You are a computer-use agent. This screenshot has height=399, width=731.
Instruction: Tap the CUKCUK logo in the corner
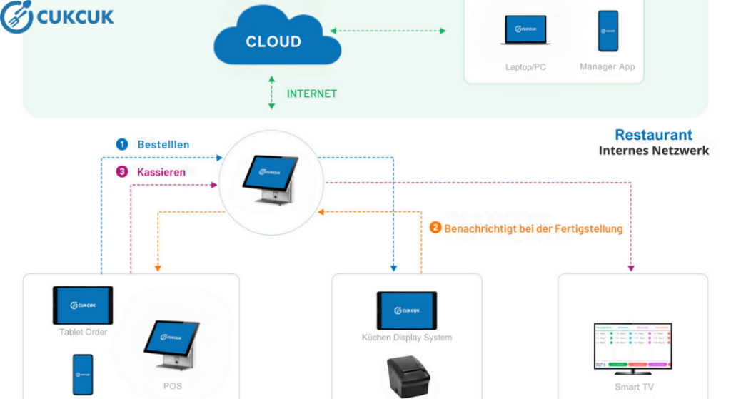(x=58, y=17)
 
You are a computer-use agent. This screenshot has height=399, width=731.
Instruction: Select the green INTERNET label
(x=311, y=94)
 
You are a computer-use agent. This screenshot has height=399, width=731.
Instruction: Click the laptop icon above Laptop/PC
(x=525, y=31)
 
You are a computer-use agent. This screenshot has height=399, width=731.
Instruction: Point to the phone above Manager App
(x=608, y=31)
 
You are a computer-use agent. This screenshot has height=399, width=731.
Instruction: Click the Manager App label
(x=608, y=67)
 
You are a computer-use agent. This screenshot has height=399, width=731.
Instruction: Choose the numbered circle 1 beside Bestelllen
(x=122, y=144)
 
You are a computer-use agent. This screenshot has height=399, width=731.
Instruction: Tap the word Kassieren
(x=161, y=172)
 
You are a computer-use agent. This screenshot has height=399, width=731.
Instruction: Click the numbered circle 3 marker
(x=122, y=172)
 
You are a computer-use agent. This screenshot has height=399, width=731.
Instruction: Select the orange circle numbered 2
(x=435, y=228)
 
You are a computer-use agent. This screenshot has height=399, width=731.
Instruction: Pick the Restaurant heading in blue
(x=653, y=135)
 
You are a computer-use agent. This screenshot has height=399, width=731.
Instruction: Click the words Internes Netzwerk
(x=653, y=151)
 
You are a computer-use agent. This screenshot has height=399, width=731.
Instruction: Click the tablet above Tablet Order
(x=83, y=305)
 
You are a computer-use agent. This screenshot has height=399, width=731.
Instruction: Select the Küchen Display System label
(x=407, y=337)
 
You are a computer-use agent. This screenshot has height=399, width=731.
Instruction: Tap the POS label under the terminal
(x=172, y=386)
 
